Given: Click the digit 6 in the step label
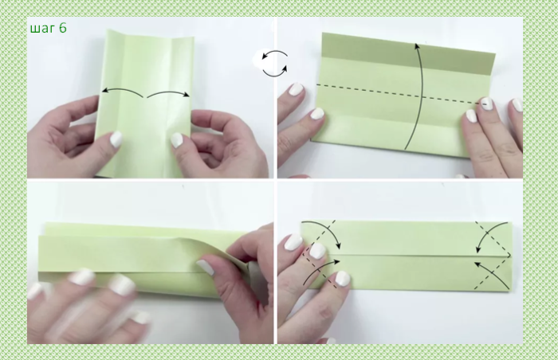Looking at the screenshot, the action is [63, 27].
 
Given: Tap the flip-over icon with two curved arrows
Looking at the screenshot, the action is [274, 64].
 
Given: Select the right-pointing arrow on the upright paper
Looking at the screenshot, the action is [168, 92].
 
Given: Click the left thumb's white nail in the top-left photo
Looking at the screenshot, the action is [116, 139].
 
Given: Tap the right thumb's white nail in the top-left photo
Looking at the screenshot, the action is [176, 140].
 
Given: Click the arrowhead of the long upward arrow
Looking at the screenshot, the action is [417, 46].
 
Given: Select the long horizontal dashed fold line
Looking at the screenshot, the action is [398, 94].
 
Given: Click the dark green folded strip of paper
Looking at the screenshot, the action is [408, 53].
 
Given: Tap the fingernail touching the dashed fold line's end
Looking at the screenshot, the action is [486, 104].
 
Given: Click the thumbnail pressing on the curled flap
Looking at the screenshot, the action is [206, 267].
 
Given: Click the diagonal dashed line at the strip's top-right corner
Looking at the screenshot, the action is [493, 238].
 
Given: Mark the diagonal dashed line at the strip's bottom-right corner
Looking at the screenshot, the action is [492, 272].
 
